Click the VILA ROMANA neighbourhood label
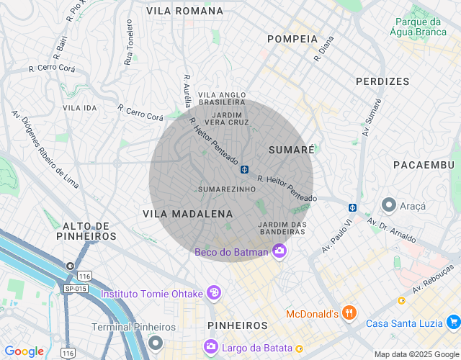click(184, 11)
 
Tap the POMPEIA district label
click(292, 38)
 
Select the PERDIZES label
click(382, 81)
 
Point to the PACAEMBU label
click(426, 165)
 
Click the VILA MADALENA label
click(187, 214)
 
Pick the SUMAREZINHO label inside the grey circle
click(227, 189)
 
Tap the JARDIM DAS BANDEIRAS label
click(282, 228)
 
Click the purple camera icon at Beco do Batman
click(279, 251)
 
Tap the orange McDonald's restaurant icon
click(349, 312)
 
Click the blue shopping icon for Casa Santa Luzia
click(452, 322)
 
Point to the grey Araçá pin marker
click(388, 204)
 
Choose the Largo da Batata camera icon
click(211, 347)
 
